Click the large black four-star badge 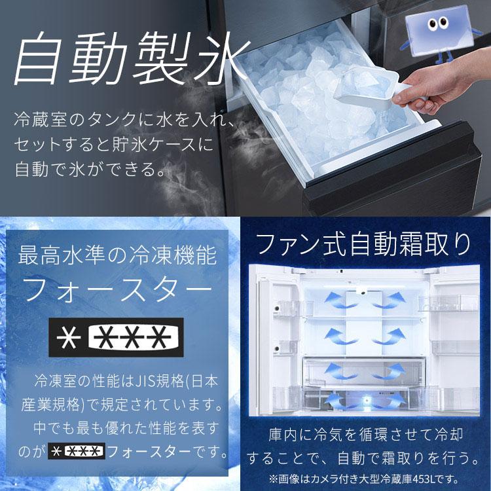[x=118, y=337]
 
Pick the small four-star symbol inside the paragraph [x=77, y=451]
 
